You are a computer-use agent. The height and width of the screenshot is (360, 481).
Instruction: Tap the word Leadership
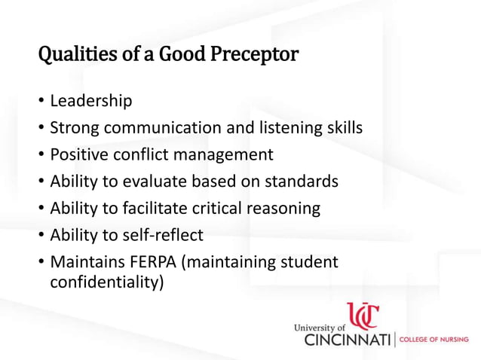point(91,100)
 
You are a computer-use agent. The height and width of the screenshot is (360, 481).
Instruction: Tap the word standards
point(302,182)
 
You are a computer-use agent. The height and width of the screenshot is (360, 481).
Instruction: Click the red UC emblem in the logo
point(363,316)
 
